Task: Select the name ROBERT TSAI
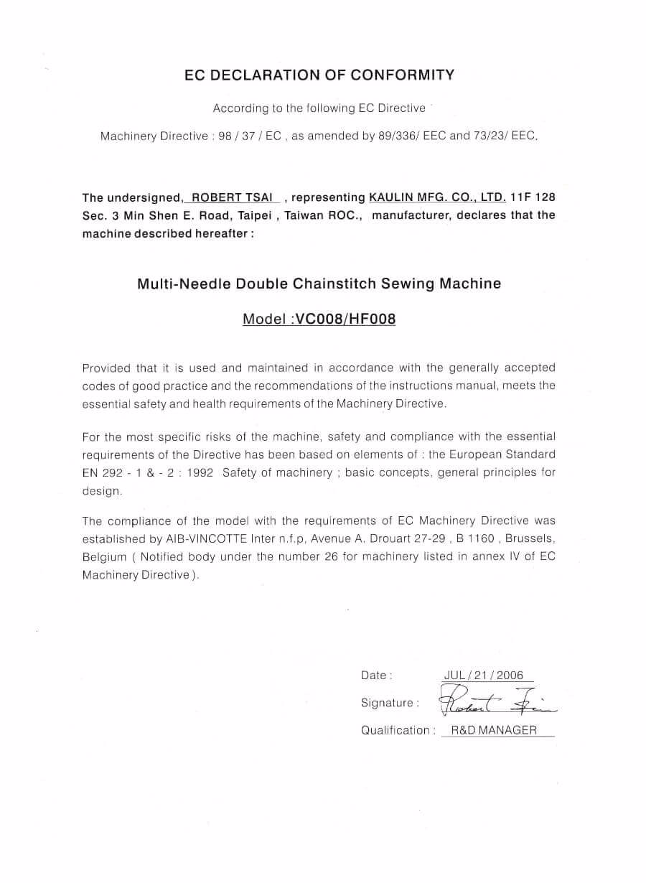point(229,197)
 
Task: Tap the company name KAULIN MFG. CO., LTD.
point(437,197)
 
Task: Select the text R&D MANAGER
point(494,730)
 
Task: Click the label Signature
point(387,703)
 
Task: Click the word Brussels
point(530,538)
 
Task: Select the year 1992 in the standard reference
point(200,472)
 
